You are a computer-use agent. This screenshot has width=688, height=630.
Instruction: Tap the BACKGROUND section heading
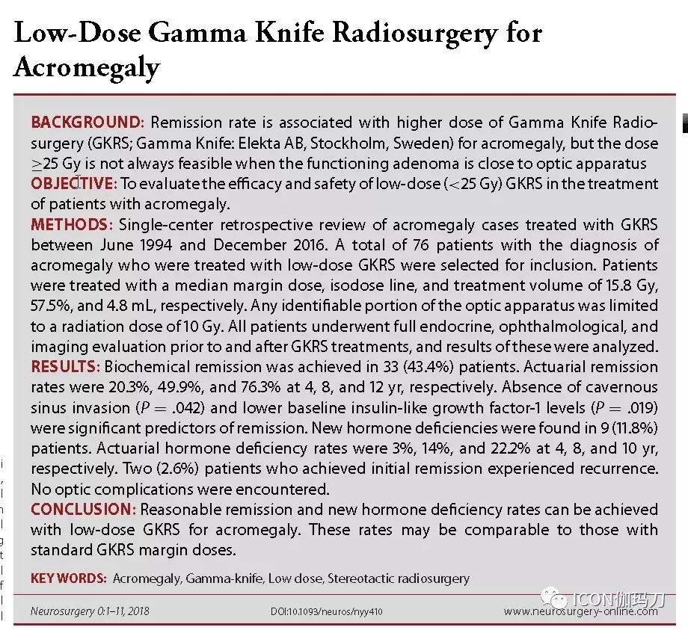coord(86,123)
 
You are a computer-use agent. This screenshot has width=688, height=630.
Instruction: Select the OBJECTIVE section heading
coord(73,184)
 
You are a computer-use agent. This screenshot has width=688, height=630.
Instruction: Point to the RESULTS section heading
coord(65,367)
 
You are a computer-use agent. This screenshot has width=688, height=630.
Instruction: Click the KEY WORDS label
coord(67,578)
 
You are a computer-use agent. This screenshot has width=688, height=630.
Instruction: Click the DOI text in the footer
coord(328,611)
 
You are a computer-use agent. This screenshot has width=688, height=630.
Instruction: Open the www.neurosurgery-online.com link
coord(580,611)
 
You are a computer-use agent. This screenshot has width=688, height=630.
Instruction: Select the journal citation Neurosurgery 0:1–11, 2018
coord(90,611)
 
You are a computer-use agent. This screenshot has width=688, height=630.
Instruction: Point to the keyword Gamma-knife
coord(217,578)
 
